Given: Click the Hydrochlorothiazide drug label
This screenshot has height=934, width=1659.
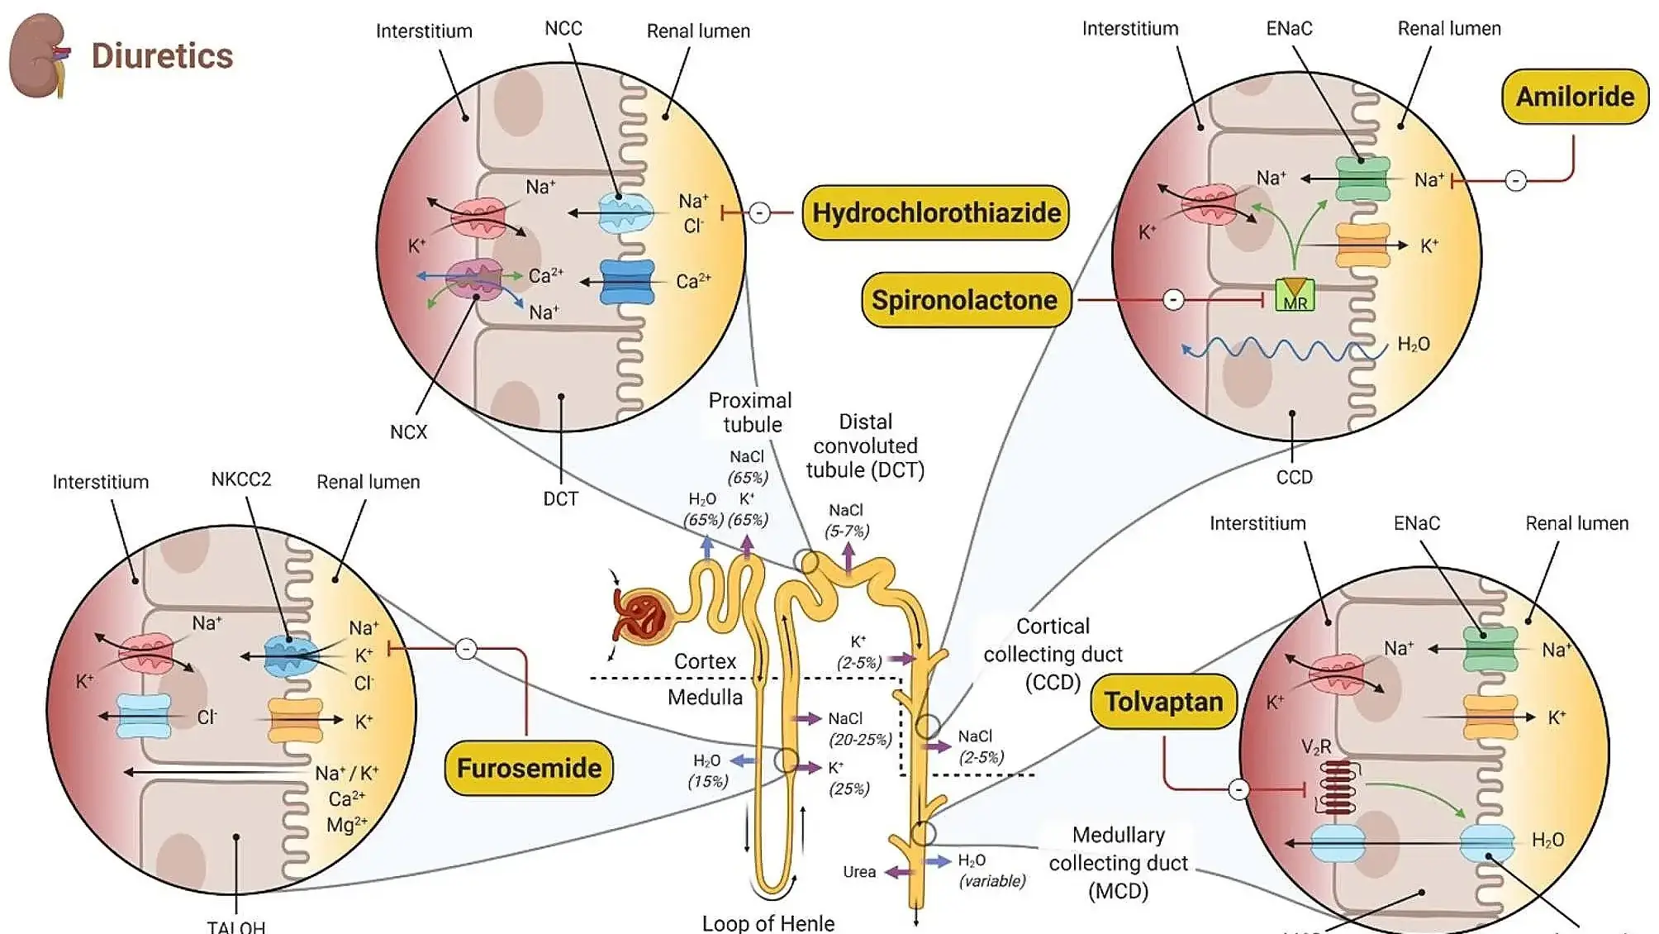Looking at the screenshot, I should pyautogui.click(x=935, y=213).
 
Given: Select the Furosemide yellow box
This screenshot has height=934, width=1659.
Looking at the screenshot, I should pyautogui.click(x=529, y=768).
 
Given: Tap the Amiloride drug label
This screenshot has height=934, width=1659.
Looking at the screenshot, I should pyautogui.click(x=1574, y=97).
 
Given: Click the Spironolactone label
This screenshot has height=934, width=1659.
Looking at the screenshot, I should pyautogui.click(x=964, y=300).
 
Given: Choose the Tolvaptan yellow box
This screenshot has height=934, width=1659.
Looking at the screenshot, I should pyautogui.click(x=1163, y=702).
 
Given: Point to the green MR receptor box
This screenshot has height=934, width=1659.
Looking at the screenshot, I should pyautogui.click(x=1294, y=295).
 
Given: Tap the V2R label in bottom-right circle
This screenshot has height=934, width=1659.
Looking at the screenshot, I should pyautogui.click(x=1316, y=747).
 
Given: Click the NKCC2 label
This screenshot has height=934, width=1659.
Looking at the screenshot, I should pyautogui.click(x=240, y=479).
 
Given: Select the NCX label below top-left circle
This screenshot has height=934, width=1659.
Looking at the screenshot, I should pyautogui.click(x=408, y=432).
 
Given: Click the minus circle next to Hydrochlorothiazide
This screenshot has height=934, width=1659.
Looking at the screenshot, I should pyautogui.click(x=759, y=213).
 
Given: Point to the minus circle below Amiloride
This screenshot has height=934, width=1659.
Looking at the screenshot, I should pyautogui.click(x=1515, y=180).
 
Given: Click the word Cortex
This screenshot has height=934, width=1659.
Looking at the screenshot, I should pyautogui.click(x=705, y=661).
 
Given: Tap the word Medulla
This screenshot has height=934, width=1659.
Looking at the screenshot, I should pyautogui.click(x=705, y=697).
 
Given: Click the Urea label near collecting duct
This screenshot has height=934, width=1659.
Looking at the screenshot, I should pyautogui.click(x=858, y=872).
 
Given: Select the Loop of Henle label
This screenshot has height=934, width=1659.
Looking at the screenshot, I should pyautogui.click(x=768, y=922).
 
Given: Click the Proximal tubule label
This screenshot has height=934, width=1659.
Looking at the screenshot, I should pyautogui.click(x=750, y=412).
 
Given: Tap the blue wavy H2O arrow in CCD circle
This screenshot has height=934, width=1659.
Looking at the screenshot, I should pyautogui.click(x=1281, y=350).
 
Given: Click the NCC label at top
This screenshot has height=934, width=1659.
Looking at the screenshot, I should pyautogui.click(x=563, y=29).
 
